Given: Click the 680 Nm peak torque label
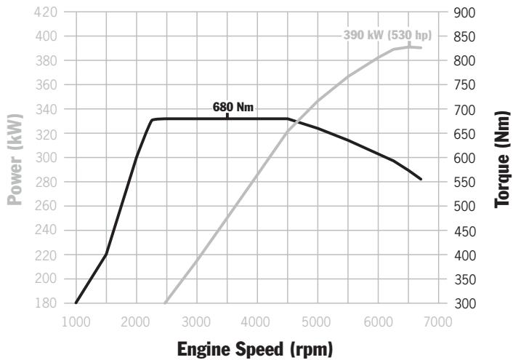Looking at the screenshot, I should pos(233,107).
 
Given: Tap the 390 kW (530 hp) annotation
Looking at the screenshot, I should pos(387,34).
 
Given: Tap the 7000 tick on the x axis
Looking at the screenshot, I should pos(438,321).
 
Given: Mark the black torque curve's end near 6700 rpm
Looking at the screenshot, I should pos(421,179).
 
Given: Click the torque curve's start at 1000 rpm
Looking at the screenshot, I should pos(76,303).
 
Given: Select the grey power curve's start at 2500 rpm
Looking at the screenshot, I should pos(166,303).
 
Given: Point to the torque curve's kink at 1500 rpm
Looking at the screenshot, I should pos(106,255).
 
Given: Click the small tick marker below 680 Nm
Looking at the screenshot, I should pos(227,116).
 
